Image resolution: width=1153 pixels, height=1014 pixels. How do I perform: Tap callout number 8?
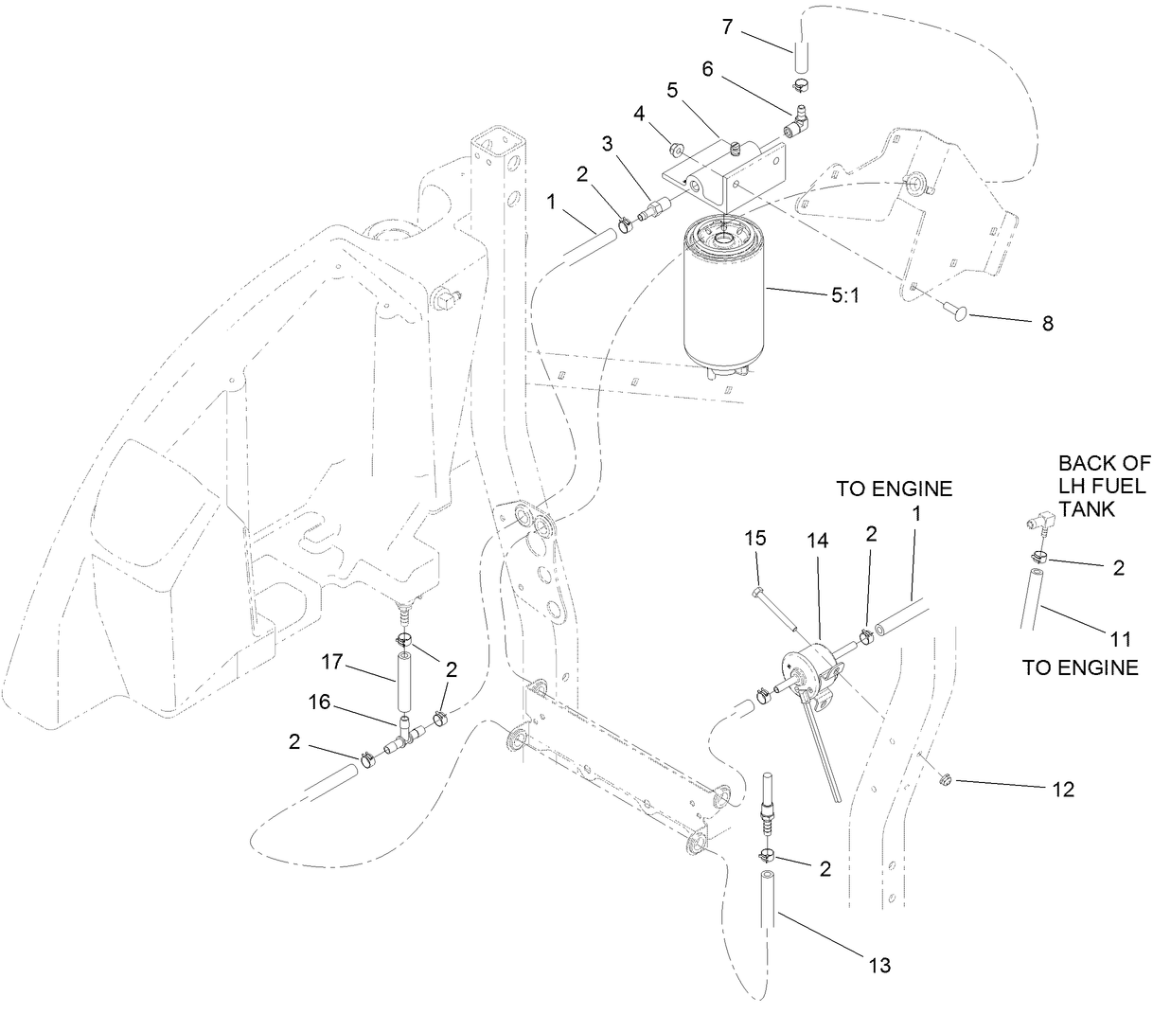tap(1047, 323)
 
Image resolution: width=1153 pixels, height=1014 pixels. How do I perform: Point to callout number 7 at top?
tap(727, 27)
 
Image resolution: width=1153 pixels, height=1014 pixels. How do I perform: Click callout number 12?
tap(1063, 790)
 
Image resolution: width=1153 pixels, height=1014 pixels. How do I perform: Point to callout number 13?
tap(879, 966)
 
